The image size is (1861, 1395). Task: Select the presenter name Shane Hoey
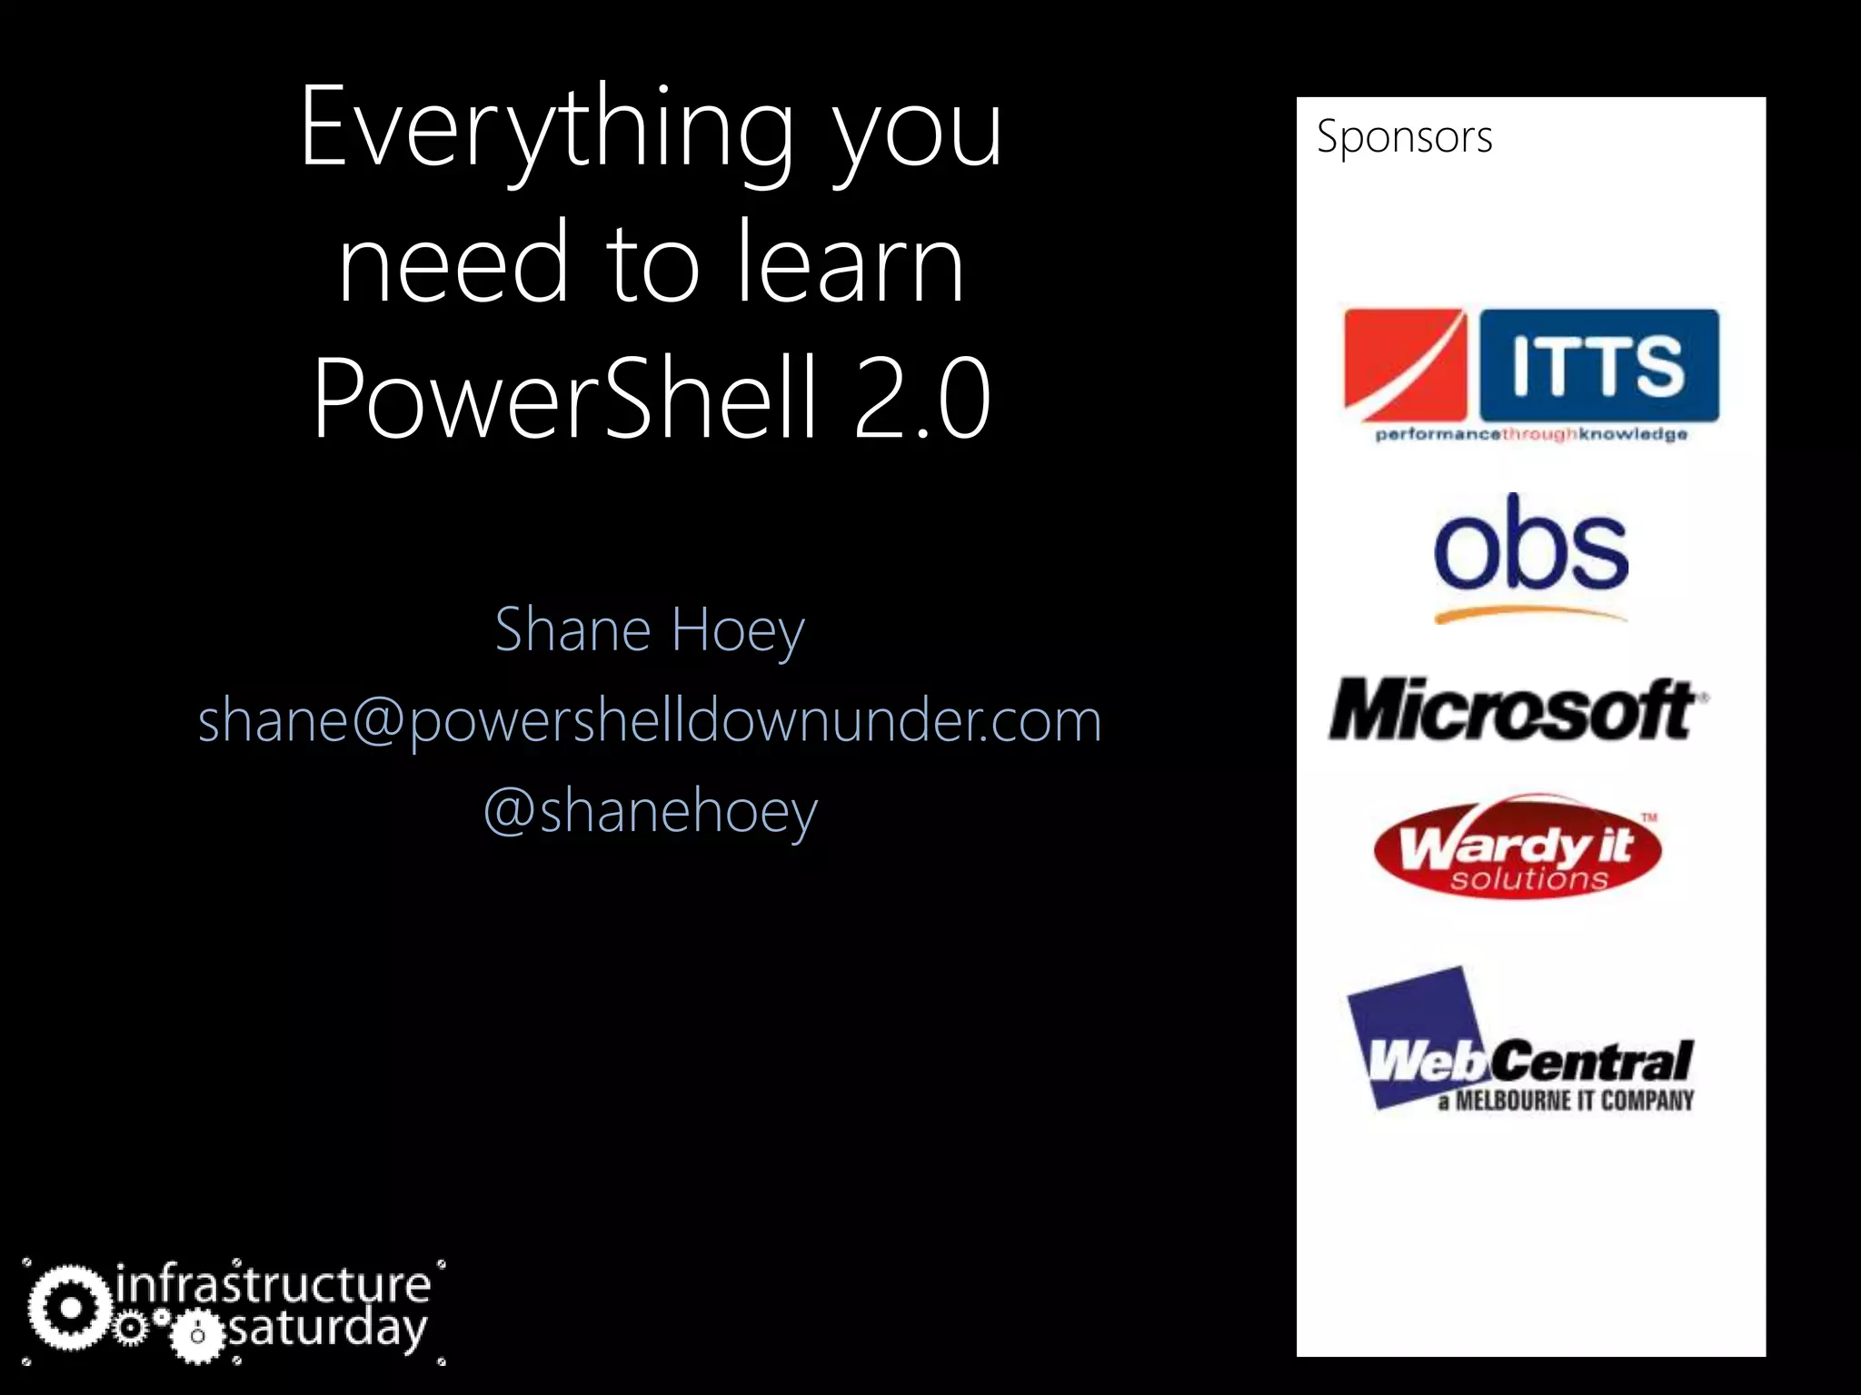tap(650, 629)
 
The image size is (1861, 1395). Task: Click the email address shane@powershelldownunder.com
tap(650, 721)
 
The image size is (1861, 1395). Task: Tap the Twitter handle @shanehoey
tap(650, 810)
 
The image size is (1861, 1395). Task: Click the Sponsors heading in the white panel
tap(1404, 137)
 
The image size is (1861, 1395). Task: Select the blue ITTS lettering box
tap(1599, 365)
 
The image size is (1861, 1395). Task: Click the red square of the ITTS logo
tap(1404, 365)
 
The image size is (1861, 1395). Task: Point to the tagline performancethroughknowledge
tap(1531, 435)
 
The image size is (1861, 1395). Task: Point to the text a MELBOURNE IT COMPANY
tap(1565, 1101)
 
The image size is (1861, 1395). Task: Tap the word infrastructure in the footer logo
tap(274, 1284)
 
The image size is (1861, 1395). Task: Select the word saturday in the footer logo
tap(327, 1330)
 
